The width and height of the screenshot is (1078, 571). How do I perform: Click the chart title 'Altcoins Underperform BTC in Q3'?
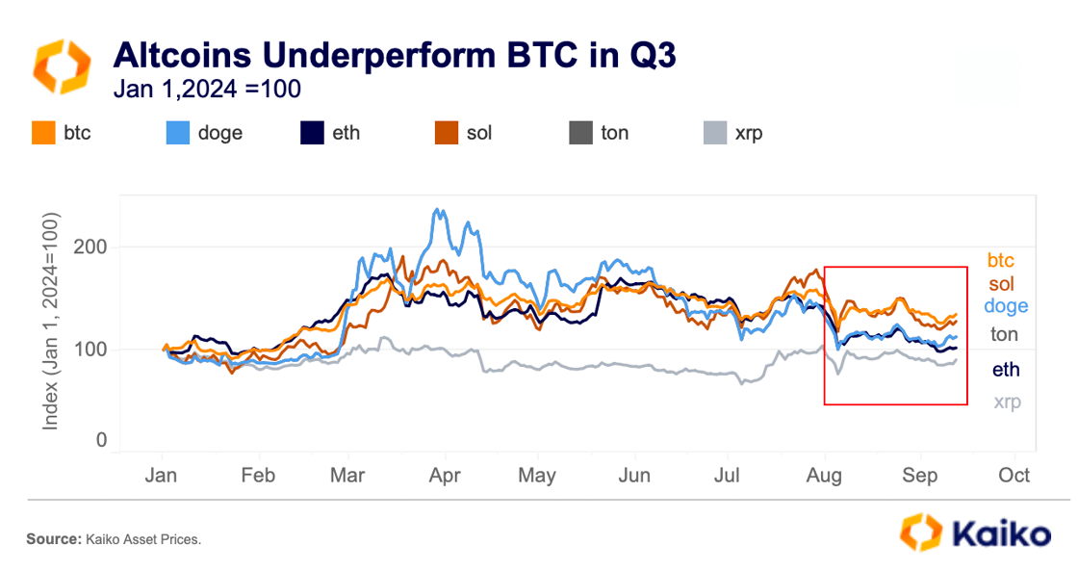tap(395, 55)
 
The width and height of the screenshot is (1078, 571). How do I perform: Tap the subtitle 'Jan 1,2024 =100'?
tap(207, 90)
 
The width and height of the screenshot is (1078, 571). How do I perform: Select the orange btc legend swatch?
tap(43, 133)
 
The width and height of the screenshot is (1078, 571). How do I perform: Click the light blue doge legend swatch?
tap(177, 133)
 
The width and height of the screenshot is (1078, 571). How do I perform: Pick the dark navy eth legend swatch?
tap(312, 133)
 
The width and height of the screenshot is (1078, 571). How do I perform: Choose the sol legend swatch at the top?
tap(447, 133)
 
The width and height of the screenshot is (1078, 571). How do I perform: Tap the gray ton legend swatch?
tap(581, 133)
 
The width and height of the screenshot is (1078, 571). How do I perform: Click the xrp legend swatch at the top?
tap(715, 133)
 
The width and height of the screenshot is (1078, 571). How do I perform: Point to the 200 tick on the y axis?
tap(90, 247)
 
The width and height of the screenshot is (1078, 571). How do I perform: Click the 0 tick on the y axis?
tap(101, 440)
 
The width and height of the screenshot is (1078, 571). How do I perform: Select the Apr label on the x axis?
tap(445, 476)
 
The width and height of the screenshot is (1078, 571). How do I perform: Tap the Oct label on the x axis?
tap(1014, 476)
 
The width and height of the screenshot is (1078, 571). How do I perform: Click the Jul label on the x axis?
tap(727, 476)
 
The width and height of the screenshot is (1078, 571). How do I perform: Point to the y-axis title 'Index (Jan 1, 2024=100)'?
tap(50, 322)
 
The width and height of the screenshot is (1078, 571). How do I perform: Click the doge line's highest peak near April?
tap(437, 209)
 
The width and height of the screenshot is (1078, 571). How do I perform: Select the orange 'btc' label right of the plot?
tap(1000, 261)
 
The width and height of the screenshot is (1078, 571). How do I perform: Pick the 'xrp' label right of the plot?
tap(1007, 402)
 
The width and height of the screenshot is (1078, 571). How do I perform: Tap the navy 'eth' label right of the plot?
tap(1006, 370)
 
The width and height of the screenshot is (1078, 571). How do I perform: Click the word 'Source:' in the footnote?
tap(54, 539)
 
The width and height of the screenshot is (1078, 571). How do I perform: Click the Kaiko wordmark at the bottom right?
tap(1002, 533)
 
